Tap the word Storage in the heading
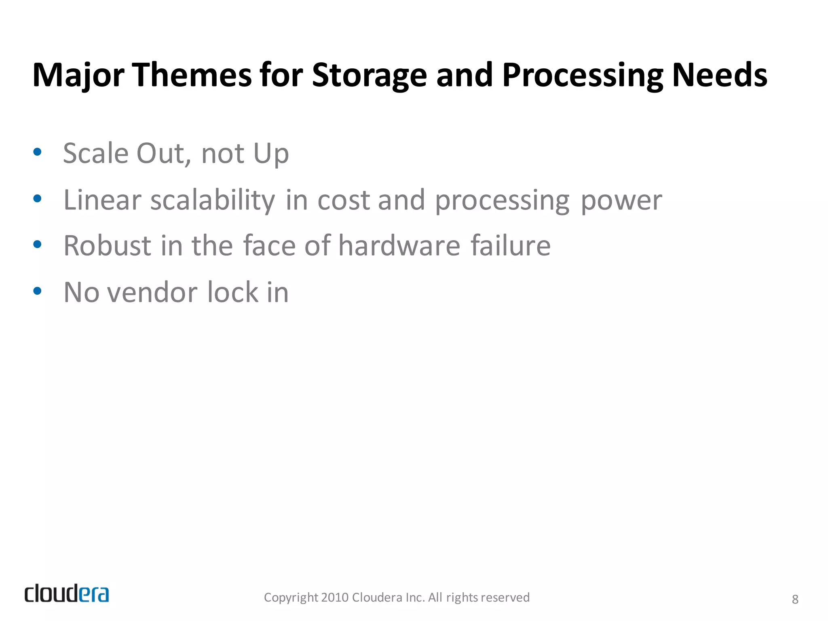click(369, 75)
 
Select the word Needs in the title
click(719, 75)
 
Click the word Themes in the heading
click(192, 75)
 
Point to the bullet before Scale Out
click(37, 152)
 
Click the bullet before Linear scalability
click(37, 199)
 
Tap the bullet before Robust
click(37, 244)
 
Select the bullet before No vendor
click(37, 291)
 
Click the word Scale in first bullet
click(96, 154)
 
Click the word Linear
click(102, 200)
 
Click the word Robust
click(107, 246)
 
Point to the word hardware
click(399, 246)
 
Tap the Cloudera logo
click(67, 594)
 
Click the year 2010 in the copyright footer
click(335, 598)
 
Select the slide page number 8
click(795, 599)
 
